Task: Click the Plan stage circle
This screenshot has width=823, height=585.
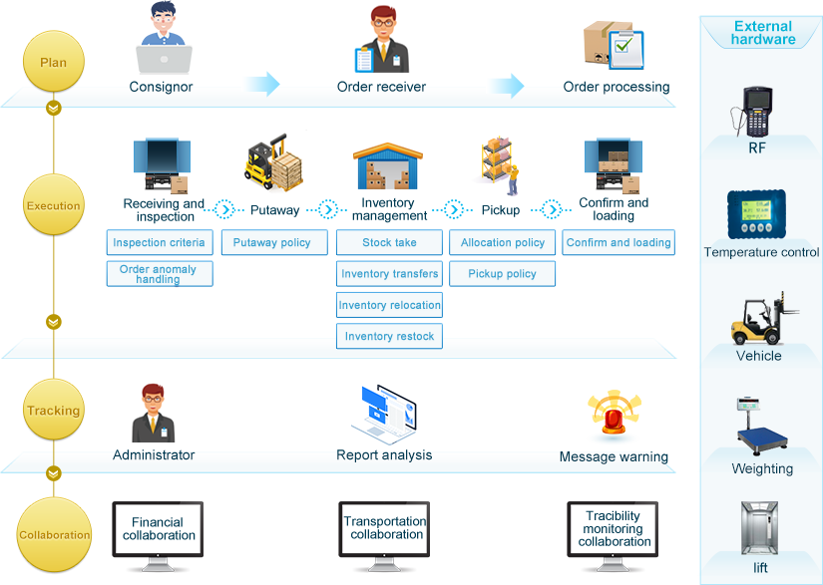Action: click(54, 62)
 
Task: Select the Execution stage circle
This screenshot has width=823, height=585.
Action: click(54, 206)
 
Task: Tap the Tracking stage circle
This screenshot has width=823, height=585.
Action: click(54, 411)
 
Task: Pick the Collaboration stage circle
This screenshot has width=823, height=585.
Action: click(55, 535)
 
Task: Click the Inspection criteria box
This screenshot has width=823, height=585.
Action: click(159, 242)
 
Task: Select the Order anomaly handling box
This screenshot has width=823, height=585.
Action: click(159, 274)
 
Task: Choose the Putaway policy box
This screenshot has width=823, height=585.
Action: click(272, 242)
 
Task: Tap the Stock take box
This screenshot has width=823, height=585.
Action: click(389, 242)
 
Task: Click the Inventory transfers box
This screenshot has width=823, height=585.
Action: click(389, 274)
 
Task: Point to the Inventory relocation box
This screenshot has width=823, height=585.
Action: click(389, 305)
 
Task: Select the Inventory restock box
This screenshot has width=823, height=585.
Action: click(389, 337)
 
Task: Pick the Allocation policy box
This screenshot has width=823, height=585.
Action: click(503, 242)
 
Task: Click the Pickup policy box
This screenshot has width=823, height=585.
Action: click(503, 274)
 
